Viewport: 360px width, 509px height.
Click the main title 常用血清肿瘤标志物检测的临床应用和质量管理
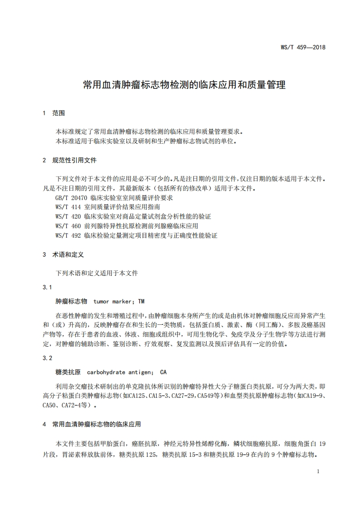click(184, 85)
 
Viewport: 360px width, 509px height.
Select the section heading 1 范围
click(54, 113)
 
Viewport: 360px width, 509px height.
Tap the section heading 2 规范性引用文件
click(69, 160)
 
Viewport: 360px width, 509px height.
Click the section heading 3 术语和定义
click(63, 254)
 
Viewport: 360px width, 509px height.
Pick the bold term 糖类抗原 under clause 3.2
click(68, 372)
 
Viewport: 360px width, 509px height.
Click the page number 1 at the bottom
click(318, 471)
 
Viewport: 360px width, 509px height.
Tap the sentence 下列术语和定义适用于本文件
click(97, 274)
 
